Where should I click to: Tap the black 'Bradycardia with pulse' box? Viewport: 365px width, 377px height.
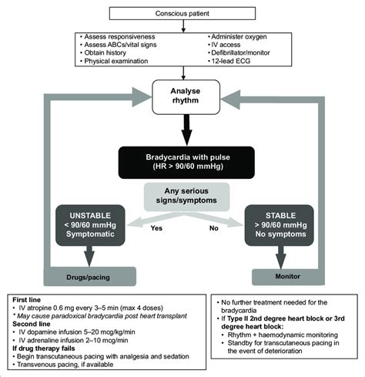(x=182, y=161)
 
